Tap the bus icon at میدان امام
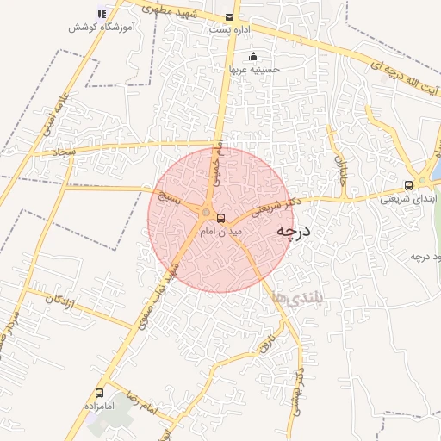[220, 218]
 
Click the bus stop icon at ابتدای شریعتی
[408, 184]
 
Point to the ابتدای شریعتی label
[408, 198]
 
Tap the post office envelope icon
[228, 17]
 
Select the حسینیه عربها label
[253, 70]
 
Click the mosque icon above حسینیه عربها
[253, 58]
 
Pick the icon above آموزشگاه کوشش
[102, 13]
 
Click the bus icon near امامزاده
[100, 392]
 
